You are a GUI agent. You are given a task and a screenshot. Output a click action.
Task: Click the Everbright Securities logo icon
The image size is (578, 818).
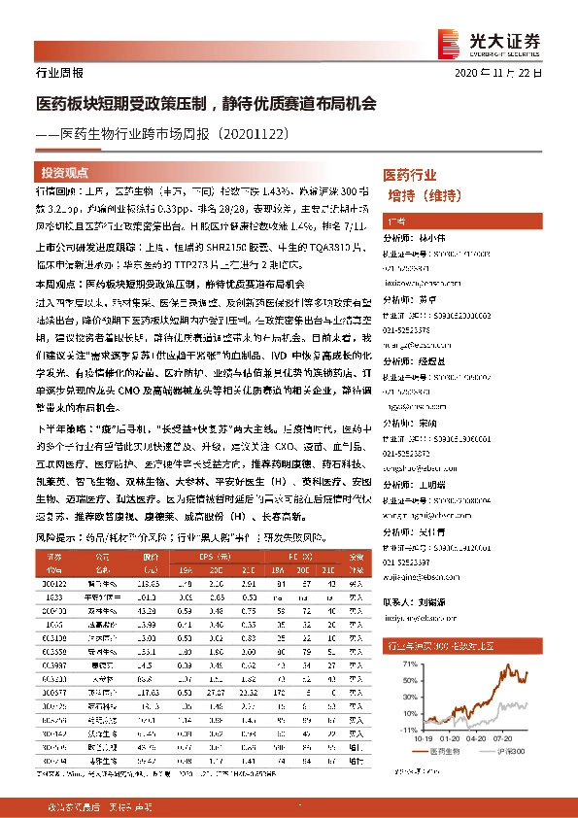[x=449, y=38]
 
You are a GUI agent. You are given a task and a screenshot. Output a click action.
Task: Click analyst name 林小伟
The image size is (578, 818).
[x=435, y=236]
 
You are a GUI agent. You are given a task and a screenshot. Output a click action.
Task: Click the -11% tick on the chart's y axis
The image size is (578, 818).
[x=410, y=727]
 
